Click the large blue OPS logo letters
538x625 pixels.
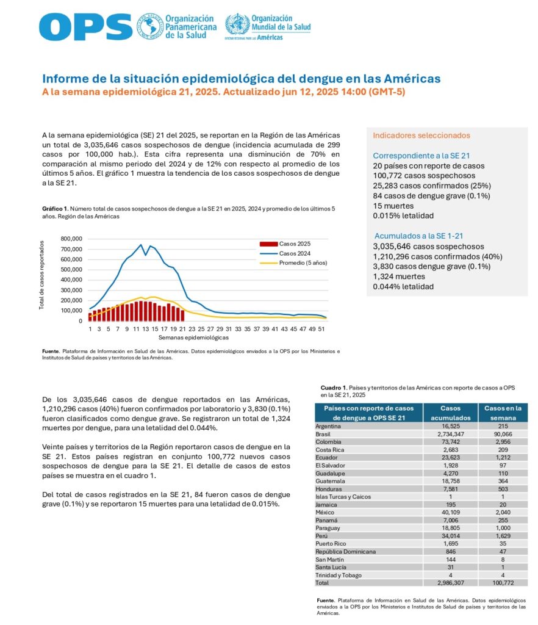click(x=85, y=27)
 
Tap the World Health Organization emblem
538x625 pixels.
click(x=237, y=24)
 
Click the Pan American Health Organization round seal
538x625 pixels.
click(x=149, y=26)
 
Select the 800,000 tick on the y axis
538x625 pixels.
click(x=71, y=239)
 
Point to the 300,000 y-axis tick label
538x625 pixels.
click(x=71, y=290)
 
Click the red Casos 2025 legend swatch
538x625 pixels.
click(x=268, y=244)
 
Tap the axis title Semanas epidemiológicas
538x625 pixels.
click(x=193, y=338)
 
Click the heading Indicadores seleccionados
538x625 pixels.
click(x=421, y=135)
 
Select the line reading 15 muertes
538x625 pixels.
click(x=393, y=206)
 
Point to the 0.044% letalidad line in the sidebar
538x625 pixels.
click(x=403, y=287)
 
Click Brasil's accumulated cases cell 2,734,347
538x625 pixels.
click(x=450, y=434)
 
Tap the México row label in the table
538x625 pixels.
click(x=325, y=512)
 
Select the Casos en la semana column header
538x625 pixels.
click(x=503, y=413)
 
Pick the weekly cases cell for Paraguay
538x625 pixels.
click(x=503, y=528)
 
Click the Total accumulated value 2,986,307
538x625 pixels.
click(x=450, y=583)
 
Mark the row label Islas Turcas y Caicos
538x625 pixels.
click(x=343, y=497)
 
